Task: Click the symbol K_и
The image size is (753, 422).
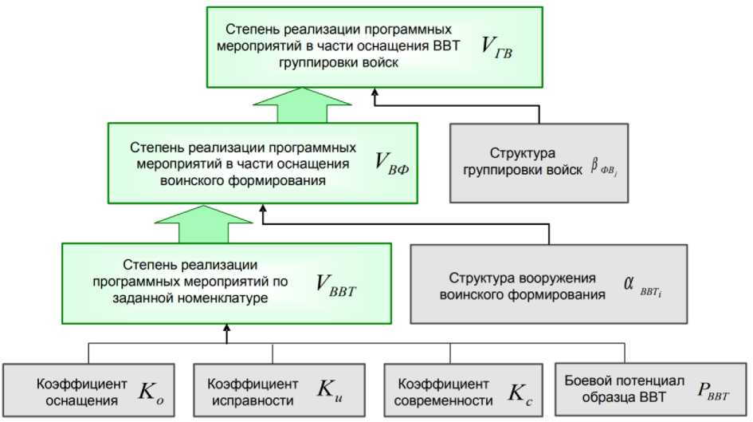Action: click(328, 391)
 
